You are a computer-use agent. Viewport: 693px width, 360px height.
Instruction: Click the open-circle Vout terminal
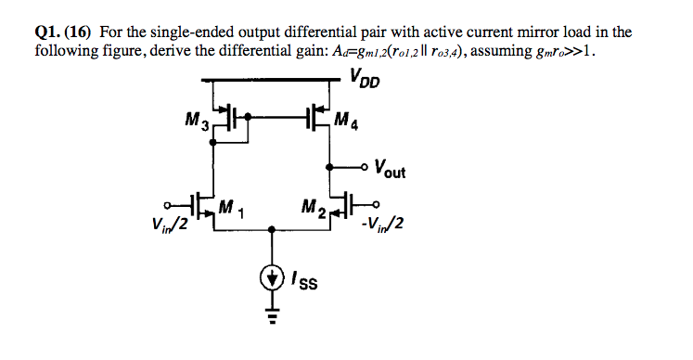pyautogui.click(x=364, y=168)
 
